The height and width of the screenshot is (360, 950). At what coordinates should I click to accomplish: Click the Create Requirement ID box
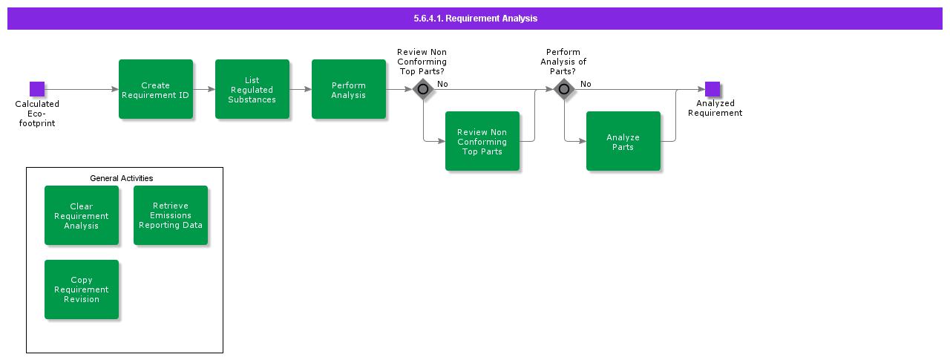pos(156,89)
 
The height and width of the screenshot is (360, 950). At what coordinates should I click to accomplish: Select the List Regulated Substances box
pos(252,89)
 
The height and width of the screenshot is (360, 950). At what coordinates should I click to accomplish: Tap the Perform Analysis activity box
pos(349,89)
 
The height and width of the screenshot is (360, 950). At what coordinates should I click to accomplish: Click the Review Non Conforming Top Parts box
pos(482,141)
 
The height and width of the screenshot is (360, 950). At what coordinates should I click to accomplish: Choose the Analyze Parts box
pos(623,141)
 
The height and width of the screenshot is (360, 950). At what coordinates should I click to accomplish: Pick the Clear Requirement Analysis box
pos(82,215)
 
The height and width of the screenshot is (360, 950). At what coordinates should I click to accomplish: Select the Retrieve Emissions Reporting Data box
pos(171,215)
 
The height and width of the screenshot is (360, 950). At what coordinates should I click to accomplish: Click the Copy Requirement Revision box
pos(82,289)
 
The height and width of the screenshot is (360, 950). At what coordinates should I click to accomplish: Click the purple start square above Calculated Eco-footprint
pos(37,89)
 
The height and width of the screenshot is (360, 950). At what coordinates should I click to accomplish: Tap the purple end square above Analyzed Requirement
pos(712,89)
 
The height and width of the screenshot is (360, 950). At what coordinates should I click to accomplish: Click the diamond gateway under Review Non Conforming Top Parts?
pos(423,89)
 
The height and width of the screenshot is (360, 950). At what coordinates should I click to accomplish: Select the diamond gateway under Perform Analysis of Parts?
pos(564,89)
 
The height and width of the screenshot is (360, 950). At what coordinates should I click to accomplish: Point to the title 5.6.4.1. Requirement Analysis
pos(475,19)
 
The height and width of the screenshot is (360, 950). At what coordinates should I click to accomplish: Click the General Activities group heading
pos(122,178)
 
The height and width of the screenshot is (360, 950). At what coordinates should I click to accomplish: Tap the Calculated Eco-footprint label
pos(37,114)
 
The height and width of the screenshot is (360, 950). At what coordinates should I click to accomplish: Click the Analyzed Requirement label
pos(715,108)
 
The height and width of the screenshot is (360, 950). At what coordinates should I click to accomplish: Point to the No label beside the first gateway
pos(442,84)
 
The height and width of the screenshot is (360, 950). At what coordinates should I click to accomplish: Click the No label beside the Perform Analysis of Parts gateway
pos(586,84)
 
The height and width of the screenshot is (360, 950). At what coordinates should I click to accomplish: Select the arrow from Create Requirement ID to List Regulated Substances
pos(204,89)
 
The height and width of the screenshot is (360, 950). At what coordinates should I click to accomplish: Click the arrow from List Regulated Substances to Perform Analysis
pos(301,89)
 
